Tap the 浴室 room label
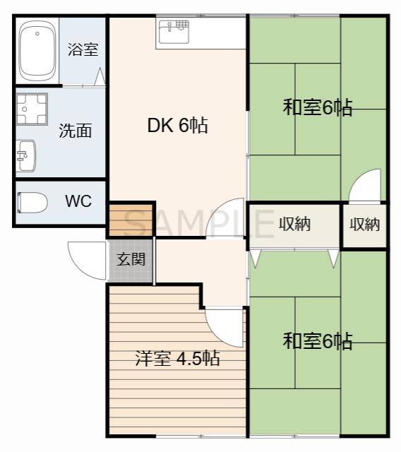[83, 49]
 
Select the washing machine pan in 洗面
[32, 109]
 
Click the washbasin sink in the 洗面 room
[26, 155]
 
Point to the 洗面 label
[76, 131]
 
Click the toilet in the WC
[32, 203]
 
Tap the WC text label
[78, 201]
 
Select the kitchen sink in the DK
[174, 32]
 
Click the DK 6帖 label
[177, 125]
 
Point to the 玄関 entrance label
[131, 259]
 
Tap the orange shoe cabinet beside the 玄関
[131, 220]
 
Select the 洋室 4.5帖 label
[177, 358]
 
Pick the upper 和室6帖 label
[318, 107]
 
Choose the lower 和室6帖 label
[318, 340]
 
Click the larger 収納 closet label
[294, 224]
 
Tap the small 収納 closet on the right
[364, 225]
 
